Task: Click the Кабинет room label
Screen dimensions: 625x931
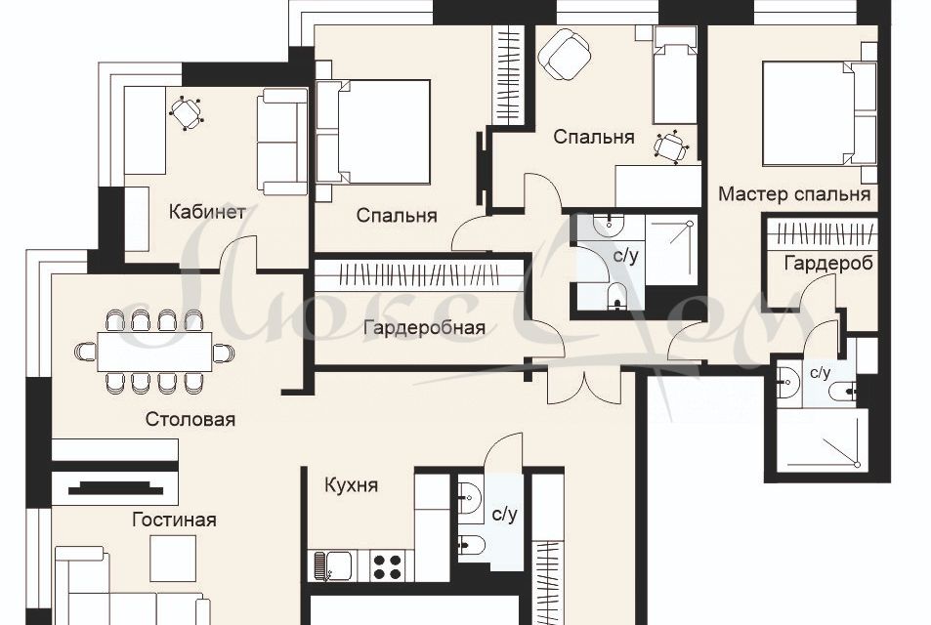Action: click(x=206, y=212)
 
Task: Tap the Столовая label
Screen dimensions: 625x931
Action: click(x=190, y=420)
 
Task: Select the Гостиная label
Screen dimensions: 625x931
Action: click(x=174, y=520)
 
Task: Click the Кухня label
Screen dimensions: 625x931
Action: click(x=351, y=485)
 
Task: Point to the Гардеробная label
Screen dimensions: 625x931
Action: click(x=424, y=328)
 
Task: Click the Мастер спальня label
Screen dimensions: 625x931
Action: click(x=793, y=194)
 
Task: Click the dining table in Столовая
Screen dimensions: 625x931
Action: click(x=154, y=352)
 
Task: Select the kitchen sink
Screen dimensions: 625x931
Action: click(x=330, y=565)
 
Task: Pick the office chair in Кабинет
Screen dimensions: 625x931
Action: click(x=186, y=113)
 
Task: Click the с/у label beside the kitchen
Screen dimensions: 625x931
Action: click(x=504, y=514)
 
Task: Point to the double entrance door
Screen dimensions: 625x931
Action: click(x=584, y=386)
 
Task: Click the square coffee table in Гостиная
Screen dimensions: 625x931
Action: click(x=173, y=559)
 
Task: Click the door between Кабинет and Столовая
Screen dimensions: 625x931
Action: click(x=237, y=259)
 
